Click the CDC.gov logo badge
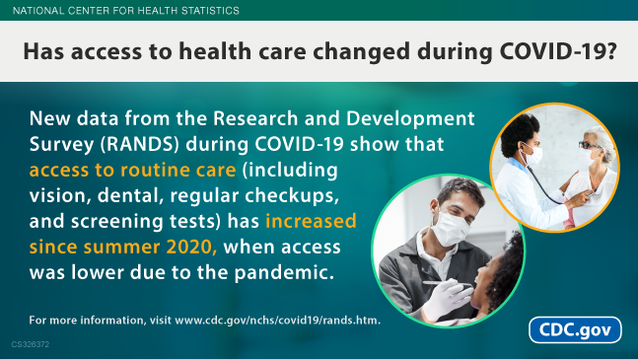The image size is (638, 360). coord(576,329)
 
